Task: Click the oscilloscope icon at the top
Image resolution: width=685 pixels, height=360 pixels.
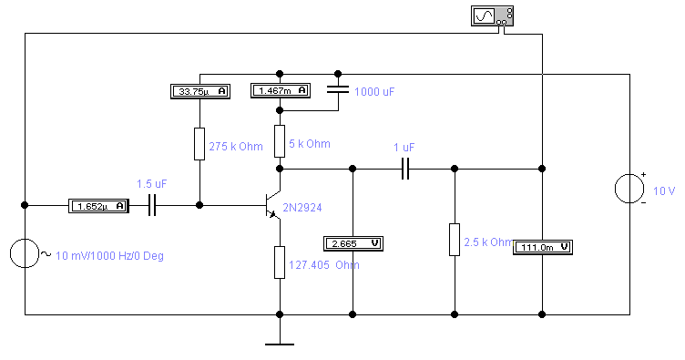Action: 492,16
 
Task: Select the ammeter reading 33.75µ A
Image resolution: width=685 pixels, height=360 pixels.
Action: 200,91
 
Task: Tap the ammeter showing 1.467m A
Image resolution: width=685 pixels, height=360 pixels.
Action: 281,91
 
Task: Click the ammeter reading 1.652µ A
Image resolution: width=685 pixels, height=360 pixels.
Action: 98,206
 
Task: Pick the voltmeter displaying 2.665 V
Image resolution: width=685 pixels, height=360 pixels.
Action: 353,243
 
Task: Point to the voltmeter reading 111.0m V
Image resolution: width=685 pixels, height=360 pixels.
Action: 543,247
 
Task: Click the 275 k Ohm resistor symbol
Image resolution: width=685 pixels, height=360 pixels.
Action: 199,144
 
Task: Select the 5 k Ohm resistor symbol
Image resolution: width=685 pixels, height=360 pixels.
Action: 280,141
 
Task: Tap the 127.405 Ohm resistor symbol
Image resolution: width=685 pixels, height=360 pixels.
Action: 280,262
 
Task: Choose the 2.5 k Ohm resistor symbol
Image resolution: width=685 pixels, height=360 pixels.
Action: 455,240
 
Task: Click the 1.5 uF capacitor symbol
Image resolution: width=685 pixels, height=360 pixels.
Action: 152,205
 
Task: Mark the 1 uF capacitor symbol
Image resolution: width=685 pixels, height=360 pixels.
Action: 405,169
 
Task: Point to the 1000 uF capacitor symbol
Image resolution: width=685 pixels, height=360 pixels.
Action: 338,89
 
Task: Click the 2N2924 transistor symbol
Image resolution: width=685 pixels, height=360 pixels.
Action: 273,205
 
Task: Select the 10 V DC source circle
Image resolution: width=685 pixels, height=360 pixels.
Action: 629,189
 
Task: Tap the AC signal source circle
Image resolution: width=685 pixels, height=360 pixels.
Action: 25,253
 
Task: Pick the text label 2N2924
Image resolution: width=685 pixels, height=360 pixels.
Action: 302,208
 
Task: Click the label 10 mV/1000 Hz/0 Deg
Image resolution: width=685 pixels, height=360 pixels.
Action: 109,255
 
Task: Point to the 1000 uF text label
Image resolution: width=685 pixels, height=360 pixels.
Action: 374,92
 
